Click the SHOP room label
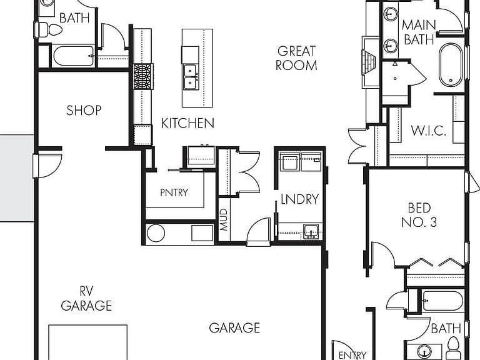[84, 111]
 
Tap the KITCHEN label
[187, 123]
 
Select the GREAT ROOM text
[296, 58]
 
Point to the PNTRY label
[174, 192]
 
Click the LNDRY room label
[300, 199]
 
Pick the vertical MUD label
[224, 219]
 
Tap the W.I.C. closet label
[428, 131]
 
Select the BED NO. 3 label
[419, 215]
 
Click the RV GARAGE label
[86, 299]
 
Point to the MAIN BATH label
[419, 32]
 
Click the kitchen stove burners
[143, 76]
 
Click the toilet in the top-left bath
[48, 30]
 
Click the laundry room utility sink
[311, 231]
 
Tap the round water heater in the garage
[156, 233]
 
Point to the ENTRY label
[352, 355]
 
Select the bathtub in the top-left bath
[74, 56]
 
